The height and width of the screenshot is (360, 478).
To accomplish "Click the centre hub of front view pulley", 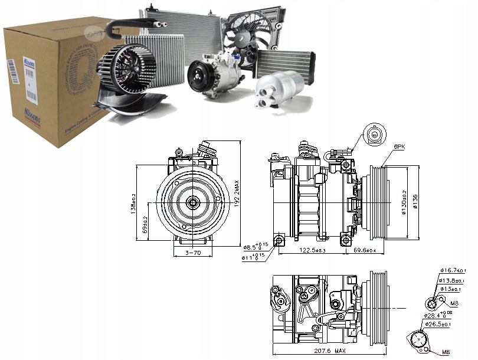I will click(x=194, y=202).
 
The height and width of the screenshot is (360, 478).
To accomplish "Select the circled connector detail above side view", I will click(x=374, y=135).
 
